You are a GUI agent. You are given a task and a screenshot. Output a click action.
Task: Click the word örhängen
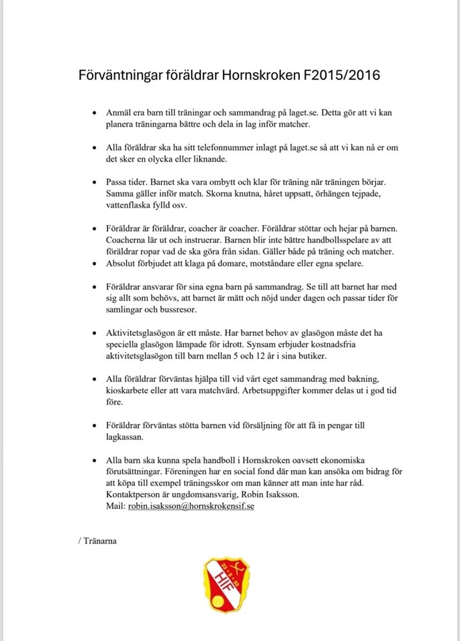point(333,194)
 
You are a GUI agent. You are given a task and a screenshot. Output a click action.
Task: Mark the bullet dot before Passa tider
point(94,182)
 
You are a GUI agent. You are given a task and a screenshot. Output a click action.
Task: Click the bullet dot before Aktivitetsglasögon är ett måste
point(94,333)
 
